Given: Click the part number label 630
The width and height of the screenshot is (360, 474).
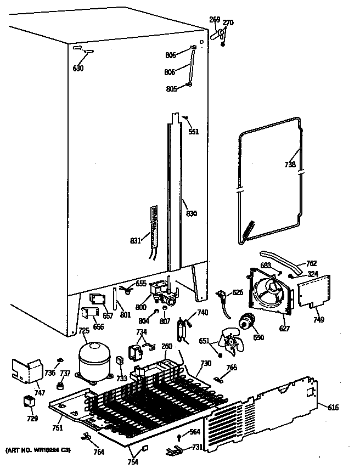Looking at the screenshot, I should [x=78, y=69].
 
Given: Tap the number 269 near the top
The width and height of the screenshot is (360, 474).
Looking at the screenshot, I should [x=215, y=20].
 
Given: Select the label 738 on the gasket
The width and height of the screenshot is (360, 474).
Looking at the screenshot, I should [x=290, y=164].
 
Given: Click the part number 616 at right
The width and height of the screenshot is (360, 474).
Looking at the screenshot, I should [x=333, y=407].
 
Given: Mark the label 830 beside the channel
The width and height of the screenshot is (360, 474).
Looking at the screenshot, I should [x=191, y=213].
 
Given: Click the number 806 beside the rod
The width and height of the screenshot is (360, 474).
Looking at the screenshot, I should [x=170, y=71].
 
